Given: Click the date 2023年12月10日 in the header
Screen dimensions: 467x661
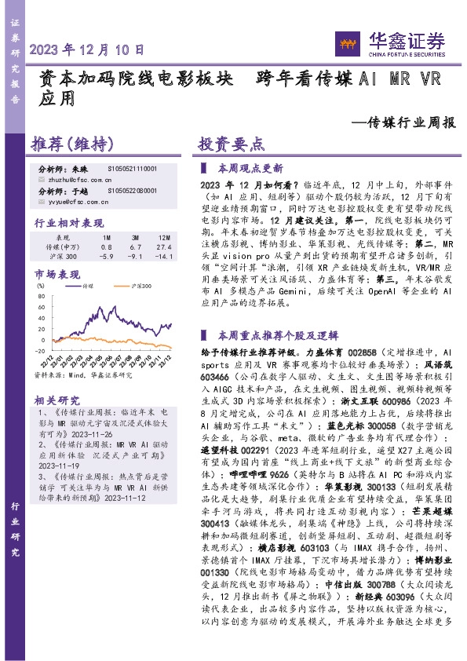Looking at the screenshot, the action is pos(88,49).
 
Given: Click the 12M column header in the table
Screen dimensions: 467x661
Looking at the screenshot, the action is pos(163,236).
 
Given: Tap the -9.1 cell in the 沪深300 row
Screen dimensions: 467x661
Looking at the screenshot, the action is pos(135,256).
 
